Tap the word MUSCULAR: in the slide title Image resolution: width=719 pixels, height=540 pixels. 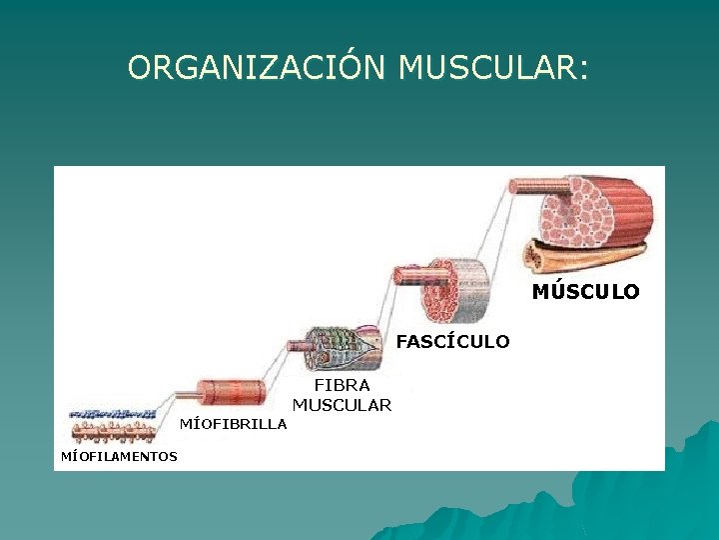tap(493, 68)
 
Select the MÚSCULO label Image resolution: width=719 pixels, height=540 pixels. tap(585, 292)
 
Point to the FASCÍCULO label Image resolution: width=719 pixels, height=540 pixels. tap(452, 342)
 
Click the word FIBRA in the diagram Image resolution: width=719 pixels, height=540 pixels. tap(342, 385)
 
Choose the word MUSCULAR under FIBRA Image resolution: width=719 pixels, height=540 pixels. tap(342, 405)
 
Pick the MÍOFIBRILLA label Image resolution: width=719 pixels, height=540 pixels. tap(233, 424)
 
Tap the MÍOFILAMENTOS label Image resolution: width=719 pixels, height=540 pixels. tap(119, 457)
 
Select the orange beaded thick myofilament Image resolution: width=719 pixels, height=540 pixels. tap(113, 431)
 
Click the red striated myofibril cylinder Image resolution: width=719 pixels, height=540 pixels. tap(231, 391)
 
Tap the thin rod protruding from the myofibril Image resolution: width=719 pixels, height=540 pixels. tap(185, 397)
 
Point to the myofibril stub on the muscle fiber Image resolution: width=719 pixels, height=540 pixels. tap(298, 346)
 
